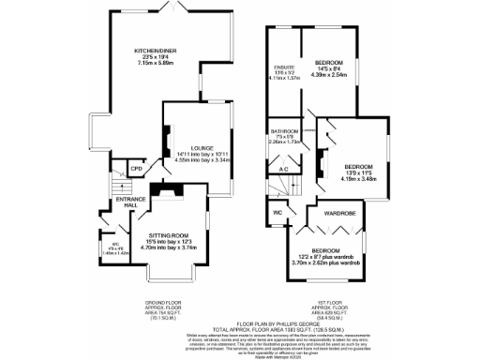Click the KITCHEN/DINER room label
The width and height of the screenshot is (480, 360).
click(x=157, y=50)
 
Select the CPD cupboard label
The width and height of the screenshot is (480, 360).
click(x=136, y=169)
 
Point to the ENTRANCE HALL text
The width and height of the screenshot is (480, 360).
click(x=127, y=202)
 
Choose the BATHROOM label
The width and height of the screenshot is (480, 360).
click(x=283, y=130)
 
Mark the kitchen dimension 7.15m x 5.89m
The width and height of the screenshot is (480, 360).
click(x=157, y=64)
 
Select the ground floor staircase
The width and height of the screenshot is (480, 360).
click(x=115, y=181)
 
